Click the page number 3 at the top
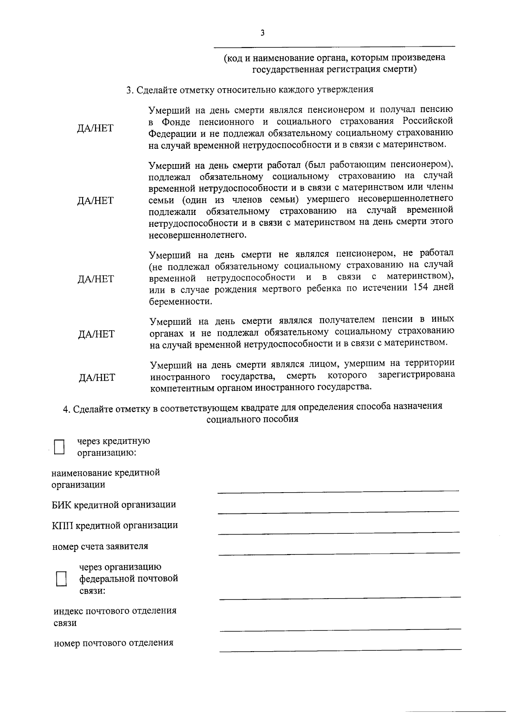pyautogui.click(x=262, y=33)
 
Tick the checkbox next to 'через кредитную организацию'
pyautogui.click(x=59, y=447)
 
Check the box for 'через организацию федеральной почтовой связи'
pyautogui.click(x=62, y=579)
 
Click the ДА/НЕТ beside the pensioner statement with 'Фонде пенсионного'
pyautogui.click(x=95, y=128)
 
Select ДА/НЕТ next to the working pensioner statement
pyautogui.click(x=95, y=201)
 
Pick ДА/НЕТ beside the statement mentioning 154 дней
pyautogui.click(x=96, y=279)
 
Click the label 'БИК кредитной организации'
pyautogui.click(x=114, y=504)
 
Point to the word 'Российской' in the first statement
pyautogui.click(x=428, y=122)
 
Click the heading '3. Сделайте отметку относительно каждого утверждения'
pyautogui.click(x=250, y=90)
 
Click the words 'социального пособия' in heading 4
pyautogui.click(x=252, y=419)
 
